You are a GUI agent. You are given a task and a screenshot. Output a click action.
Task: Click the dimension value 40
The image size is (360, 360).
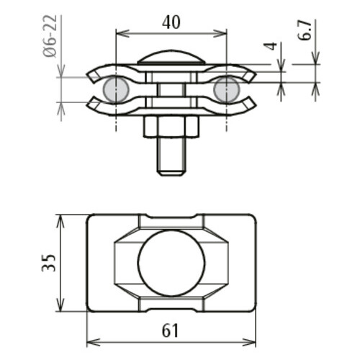coord(171,22)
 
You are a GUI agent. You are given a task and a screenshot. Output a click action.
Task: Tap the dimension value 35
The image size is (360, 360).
coord(48,263)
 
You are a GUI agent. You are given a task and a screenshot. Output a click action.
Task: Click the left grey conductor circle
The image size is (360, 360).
coord(115,89)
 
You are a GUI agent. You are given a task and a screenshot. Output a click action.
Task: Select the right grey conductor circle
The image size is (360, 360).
coord(226,89)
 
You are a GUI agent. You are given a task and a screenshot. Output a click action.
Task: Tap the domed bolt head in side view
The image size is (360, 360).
coord(171,57)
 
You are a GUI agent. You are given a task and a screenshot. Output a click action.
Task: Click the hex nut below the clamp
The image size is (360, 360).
coord(171,128)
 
